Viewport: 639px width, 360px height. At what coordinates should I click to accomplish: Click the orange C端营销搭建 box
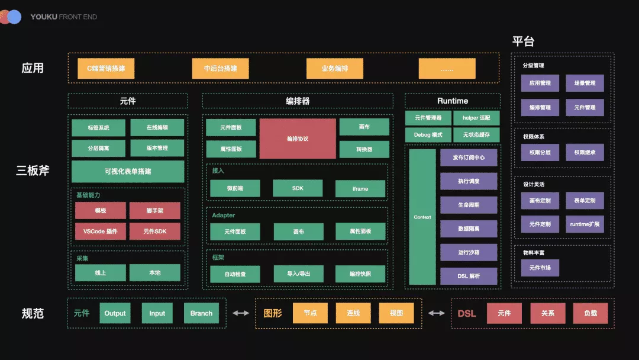[106, 69]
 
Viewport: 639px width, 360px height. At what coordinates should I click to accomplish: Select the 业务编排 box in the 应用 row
[334, 69]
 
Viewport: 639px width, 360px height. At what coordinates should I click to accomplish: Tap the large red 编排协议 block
[297, 139]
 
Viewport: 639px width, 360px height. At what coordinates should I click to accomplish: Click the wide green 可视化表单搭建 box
[128, 172]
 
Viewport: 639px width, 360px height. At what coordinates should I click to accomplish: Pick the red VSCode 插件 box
[100, 232]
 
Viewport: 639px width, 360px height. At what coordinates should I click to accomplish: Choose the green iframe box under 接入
[360, 189]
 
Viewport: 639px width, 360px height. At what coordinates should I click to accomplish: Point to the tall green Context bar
[422, 217]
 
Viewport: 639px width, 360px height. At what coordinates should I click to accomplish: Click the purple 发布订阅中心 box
[469, 158]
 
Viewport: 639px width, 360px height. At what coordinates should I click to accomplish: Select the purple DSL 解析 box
[469, 276]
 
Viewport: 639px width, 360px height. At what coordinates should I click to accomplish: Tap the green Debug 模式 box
[428, 135]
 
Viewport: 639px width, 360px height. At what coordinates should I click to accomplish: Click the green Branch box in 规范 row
[201, 313]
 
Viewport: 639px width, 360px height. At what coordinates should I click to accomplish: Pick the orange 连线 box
[353, 313]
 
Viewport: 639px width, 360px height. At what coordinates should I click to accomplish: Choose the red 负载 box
[590, 313]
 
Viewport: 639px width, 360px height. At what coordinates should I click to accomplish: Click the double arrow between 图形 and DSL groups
[437, 313]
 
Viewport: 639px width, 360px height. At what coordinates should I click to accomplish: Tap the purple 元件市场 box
[540, 268]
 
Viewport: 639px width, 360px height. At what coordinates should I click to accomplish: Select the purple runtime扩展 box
[585, 224]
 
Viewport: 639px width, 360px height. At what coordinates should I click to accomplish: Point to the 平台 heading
[523, 41]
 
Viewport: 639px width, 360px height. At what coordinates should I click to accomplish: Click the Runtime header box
[453, 101]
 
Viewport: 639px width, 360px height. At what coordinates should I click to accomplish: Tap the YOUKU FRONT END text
[63, 17]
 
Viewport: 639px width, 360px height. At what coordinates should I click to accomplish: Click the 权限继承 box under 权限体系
[585, 152]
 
